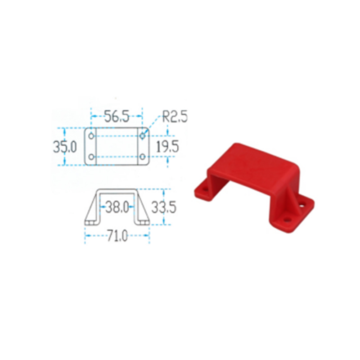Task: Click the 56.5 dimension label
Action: click(117, 116)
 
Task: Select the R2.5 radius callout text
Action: click(175, 117)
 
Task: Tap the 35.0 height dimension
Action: click(65, 147)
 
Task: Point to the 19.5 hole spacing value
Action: click(167, 147)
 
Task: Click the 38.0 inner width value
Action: click(117, 207)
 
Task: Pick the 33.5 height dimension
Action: click(164, 207)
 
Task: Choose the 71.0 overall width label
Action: click(117, 236)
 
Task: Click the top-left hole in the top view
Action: click(91, 136)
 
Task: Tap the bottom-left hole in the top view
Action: click(91, 157)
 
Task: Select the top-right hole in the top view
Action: click(143, 136)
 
